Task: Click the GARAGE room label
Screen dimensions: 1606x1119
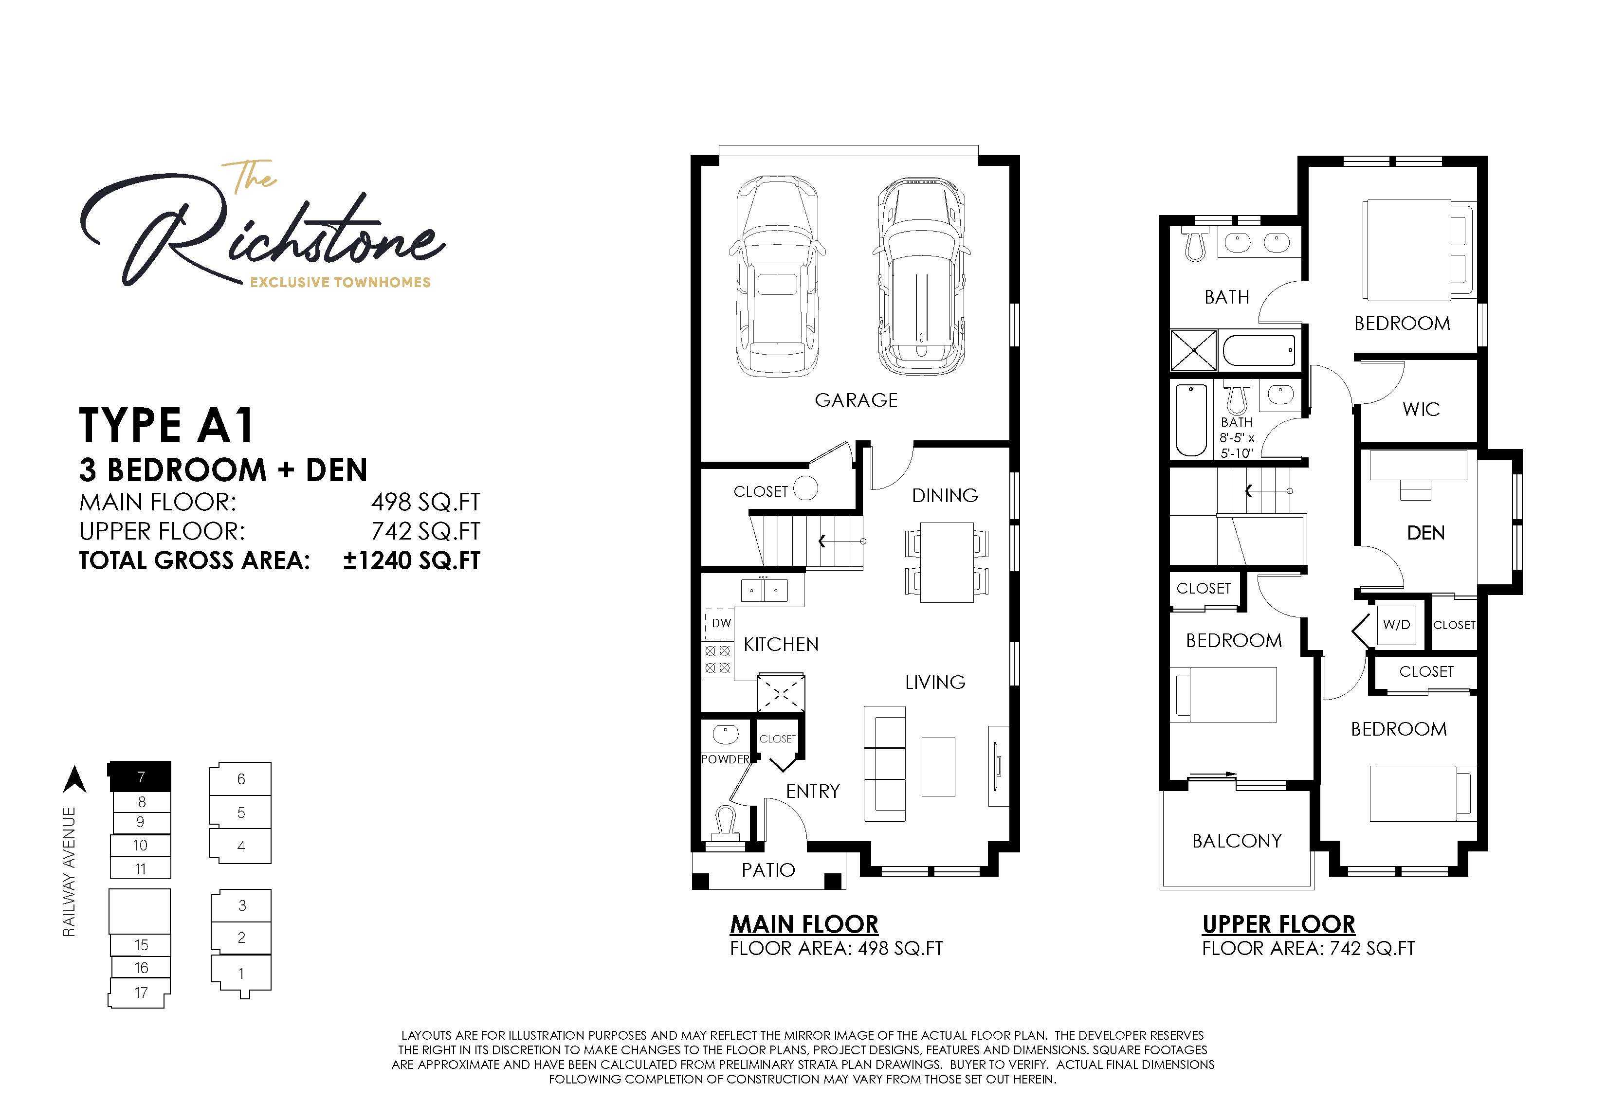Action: point(856,400)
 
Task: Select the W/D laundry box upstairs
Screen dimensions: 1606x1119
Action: point(1396,625)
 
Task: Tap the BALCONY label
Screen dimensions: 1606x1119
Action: point(1237,841)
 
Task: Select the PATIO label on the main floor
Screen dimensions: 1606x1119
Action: point(768,870)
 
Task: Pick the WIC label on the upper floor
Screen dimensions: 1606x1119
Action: point(1421,409)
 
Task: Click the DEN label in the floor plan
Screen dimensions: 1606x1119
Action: point(1425,533)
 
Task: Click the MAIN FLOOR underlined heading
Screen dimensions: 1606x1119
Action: point(803,924)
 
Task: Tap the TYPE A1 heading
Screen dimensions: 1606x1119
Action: point(166,425)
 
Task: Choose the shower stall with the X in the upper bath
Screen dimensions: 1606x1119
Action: point(1193,350)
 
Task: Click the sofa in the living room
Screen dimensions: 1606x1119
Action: point(884,764)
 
